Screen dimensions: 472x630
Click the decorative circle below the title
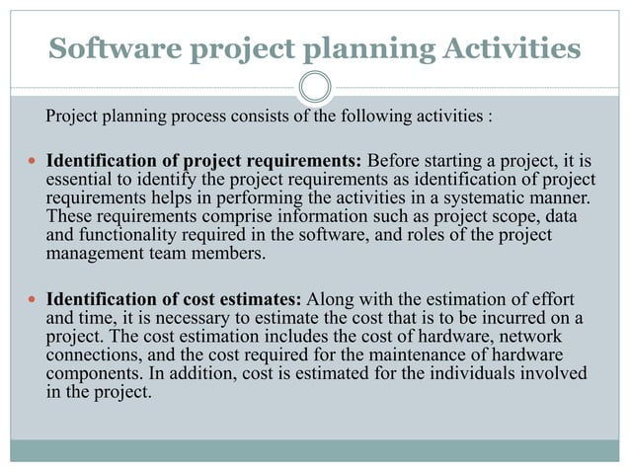point(315,88)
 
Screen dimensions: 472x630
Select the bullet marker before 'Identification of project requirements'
point(33,160)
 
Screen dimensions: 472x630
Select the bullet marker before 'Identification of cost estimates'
point(33,299)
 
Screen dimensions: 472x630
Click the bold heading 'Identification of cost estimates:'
point(176,298)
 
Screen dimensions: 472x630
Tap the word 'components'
point(92,373)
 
